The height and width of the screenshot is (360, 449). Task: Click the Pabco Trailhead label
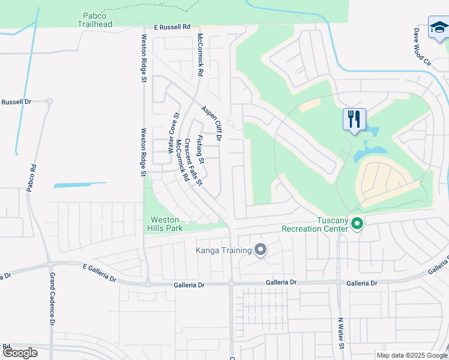[95, 20]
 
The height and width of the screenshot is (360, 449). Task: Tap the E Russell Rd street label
[172, 27]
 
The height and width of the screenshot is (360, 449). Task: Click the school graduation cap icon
[439, 28]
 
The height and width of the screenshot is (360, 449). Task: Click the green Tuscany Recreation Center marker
[357, 224]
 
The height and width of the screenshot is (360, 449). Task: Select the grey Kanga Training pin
[261, 249]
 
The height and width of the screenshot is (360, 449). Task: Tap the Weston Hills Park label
[165, 224]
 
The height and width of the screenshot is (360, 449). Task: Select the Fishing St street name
[201, 149]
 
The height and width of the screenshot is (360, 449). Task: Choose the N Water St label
[341, 334]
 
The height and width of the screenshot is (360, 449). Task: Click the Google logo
[20, 353]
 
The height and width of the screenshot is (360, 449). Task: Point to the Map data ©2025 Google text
[412, 355]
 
